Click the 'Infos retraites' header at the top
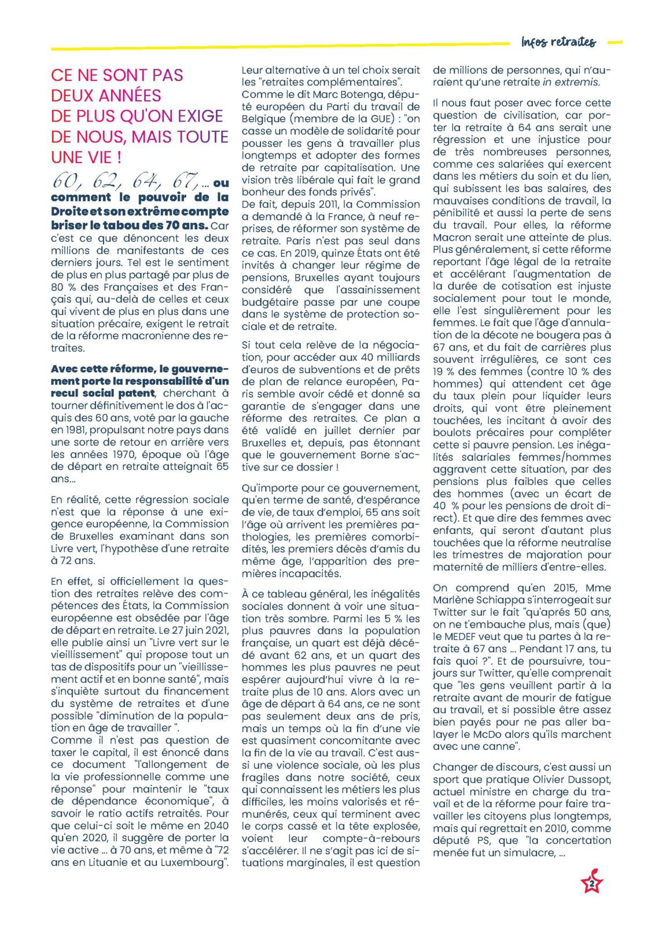pos(558,42)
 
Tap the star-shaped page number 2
pos(591,884)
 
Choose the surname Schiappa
pos(514,600)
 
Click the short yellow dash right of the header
pos(616,42)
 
